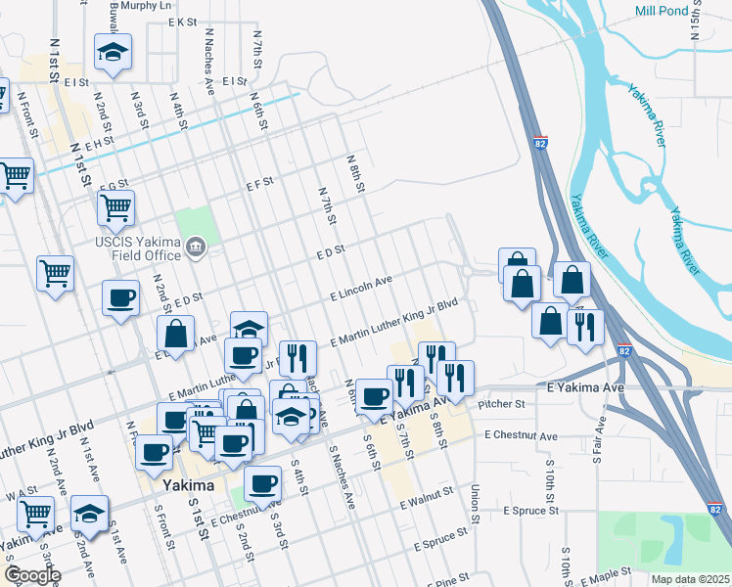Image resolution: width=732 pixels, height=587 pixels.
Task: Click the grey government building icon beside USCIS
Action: click(x=196, y=248)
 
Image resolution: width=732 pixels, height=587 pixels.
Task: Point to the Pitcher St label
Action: click(x=502, y=403)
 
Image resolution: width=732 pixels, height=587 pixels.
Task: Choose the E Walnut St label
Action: click(x=428, y=498)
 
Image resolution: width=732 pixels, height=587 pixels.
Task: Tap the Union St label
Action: click(x=476, y=502)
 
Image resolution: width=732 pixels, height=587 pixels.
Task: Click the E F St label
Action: click(x=258, y=183)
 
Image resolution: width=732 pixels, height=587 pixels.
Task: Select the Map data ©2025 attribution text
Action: click(x=690, y=579)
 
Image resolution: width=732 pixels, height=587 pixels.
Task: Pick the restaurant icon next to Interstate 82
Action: click(x=585, y=327)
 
